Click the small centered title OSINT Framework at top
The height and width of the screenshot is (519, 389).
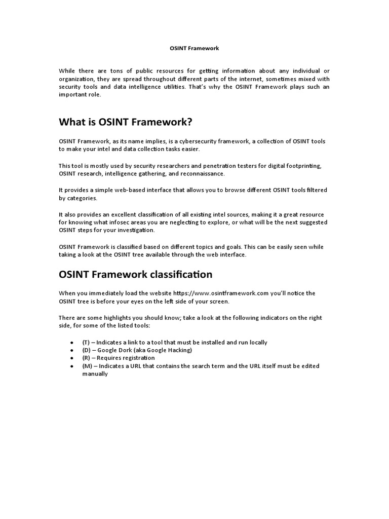[194, 49]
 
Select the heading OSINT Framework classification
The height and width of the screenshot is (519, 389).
[135, 274]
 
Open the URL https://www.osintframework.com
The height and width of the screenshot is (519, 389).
[220, 293]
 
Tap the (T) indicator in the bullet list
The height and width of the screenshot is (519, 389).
[87, 342]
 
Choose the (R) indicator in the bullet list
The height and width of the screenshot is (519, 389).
[87, 358]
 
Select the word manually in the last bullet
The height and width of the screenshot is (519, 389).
[95, 374]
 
